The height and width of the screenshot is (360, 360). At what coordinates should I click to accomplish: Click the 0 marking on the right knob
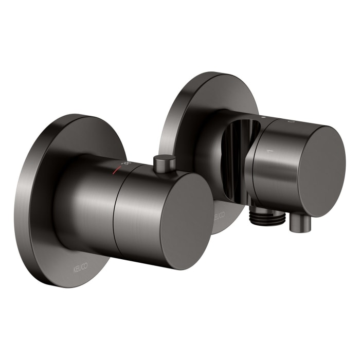coord(291,122)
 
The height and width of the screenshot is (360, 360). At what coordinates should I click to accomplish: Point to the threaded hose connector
coord(267,216)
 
